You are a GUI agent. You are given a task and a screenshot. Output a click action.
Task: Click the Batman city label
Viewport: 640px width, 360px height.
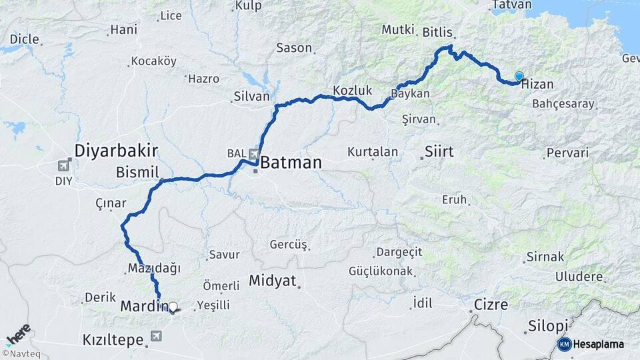pyautogui.click(x=291, y=163)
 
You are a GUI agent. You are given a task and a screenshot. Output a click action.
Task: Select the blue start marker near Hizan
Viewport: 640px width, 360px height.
pyautogui.click(x=519, y=77)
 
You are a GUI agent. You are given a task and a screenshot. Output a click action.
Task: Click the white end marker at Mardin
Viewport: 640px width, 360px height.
pyautogui.click(x=173, y=307)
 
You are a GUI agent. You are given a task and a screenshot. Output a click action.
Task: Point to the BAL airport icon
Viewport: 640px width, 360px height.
pyautogui.click(x=253, y=155)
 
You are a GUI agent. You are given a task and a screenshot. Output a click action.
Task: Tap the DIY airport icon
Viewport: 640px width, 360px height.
pyautogui.click(x=64, y=165)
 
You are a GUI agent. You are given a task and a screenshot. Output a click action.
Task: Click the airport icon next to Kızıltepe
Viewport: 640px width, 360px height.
pyautogui.click(x=156, y=337)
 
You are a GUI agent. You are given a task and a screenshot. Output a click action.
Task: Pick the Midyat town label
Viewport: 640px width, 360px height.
pyautogui.click(x=272, y=281)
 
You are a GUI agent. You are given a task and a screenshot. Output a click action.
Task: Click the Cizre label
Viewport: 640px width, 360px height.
pyautogui.click(x=491, y=305)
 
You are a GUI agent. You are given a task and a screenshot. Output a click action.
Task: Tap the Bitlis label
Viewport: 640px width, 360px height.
pyautogui.click(x=438, y=32)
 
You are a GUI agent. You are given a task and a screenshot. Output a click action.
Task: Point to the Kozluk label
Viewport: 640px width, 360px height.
pyautogui.click(x=352, y=90)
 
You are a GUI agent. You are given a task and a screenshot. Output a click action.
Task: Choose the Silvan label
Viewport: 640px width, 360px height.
pyautogui.click(x=251, y=97)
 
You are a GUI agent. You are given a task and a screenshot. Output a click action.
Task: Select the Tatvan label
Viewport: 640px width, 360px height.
pyautogui.click(x=511, y=5)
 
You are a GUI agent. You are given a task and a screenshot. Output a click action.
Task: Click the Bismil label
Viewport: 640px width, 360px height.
pyautogui.click(x=137, y=172)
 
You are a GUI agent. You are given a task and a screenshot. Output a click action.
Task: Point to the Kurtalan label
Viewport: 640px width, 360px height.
pyautogui.click(x=373, y=152)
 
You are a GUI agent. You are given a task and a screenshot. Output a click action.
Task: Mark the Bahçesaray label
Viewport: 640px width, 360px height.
pyautogui.click(x=563, y=105)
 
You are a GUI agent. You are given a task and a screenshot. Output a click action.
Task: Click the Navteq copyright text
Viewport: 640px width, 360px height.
pyautogui.click(x=23, y=353)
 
